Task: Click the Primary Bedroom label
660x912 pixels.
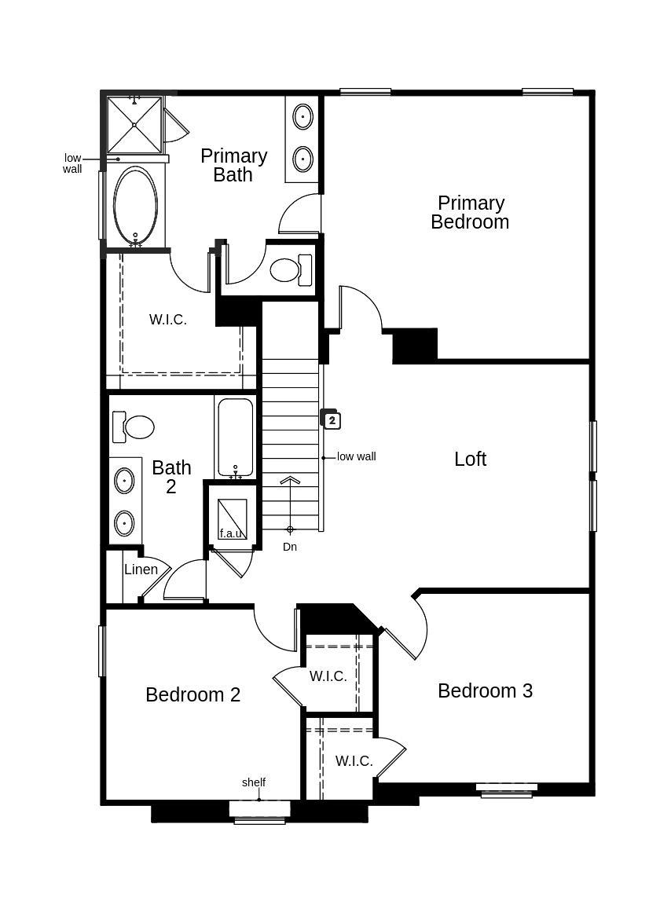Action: click(470, 213)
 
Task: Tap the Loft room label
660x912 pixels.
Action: click(470, 459)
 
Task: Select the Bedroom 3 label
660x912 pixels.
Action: click(485, 690)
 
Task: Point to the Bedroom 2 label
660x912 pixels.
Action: click(192, 694)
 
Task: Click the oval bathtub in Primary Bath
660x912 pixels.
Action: click(135, 205)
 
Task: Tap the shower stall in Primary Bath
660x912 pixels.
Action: click(134, 124)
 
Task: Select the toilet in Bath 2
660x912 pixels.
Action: click(134, 427)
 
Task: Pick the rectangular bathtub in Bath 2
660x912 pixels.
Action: click(235, 437)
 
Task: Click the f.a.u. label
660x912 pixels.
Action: click(231, 533)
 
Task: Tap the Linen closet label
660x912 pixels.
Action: click(141, 570)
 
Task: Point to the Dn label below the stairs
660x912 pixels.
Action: click(290, 547)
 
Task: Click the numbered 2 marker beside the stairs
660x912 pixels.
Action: click(332, 420)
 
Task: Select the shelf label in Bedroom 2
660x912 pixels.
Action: click(254, 782)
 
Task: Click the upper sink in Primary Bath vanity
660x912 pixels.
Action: click(302, 118)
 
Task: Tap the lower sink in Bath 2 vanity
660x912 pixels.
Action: click(124, 522)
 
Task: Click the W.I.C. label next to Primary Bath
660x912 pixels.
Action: click(168, 320)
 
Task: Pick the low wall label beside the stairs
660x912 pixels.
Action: click(356, 456)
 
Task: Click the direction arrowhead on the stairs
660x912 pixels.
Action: click(290, 481)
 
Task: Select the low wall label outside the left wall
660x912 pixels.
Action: click(72, 163)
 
